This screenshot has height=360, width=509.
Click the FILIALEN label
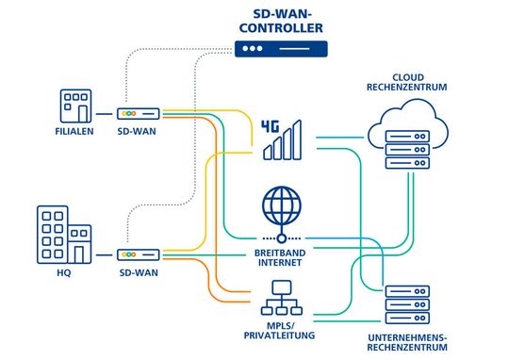(x=74, y=132)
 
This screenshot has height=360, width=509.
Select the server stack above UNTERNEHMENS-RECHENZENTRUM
(x=407, y=302)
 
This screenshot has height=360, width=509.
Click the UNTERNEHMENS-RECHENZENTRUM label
(x=407, y=341)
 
